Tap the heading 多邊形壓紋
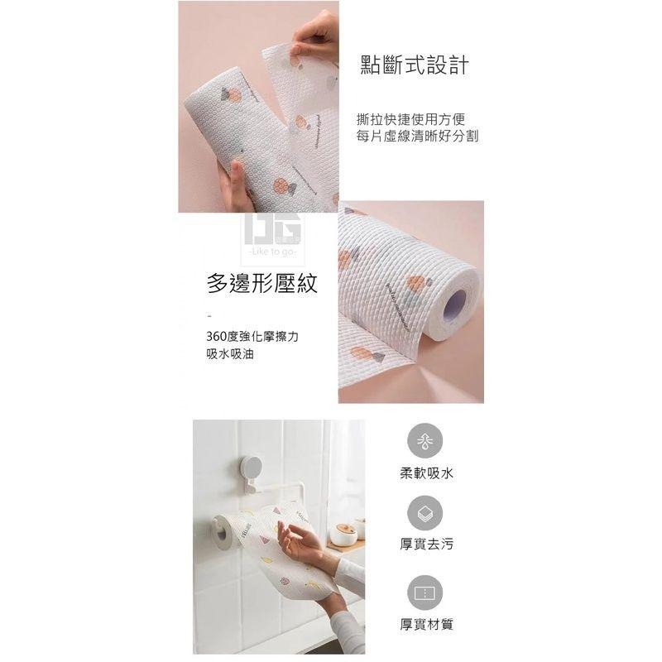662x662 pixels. point(261,285)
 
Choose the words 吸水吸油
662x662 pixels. point(231,353)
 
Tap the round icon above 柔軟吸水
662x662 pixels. point(425,440)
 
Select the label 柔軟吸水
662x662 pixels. point(425,474)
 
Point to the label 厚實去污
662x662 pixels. point(425,545)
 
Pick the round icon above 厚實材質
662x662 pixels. point(425,592)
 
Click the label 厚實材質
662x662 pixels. point(425,625)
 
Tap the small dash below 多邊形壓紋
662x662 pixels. point(209,316)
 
